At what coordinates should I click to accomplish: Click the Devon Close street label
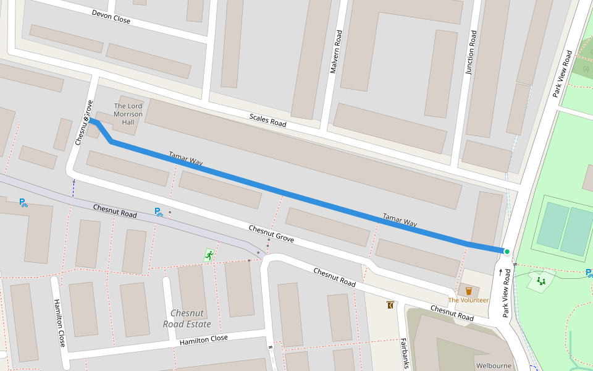coord(111,17)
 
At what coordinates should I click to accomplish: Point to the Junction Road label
coord(471,53)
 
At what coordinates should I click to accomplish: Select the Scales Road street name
coord(267,120)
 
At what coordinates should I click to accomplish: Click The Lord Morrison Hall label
coord(128,114)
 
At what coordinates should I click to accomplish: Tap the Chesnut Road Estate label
coord(187,318)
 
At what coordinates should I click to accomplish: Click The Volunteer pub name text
coord(468,301)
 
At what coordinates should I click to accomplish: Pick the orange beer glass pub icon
coord(468,291)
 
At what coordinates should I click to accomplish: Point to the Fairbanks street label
coord(404,352)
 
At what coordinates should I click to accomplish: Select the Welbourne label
coord(494,365)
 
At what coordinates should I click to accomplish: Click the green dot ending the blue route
coord(507,251)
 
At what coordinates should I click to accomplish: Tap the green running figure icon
coord(209,254)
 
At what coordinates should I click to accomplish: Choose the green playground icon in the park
coord(542,281)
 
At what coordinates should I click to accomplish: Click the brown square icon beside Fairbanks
coord(390,305)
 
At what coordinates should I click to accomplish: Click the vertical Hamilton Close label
coord(59,323)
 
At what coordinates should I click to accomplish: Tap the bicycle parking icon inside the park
coord(589,273)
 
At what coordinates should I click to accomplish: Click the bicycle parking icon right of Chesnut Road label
coord(159,212)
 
